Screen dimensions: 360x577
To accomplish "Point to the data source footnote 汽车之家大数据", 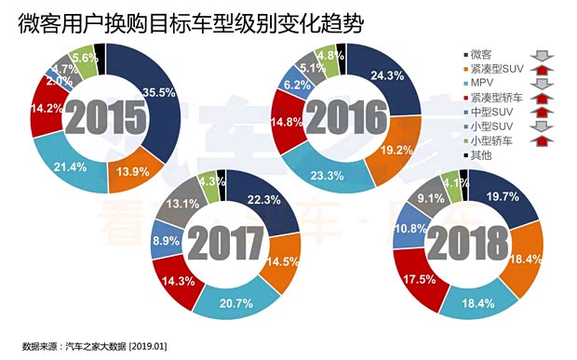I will (96, 346).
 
